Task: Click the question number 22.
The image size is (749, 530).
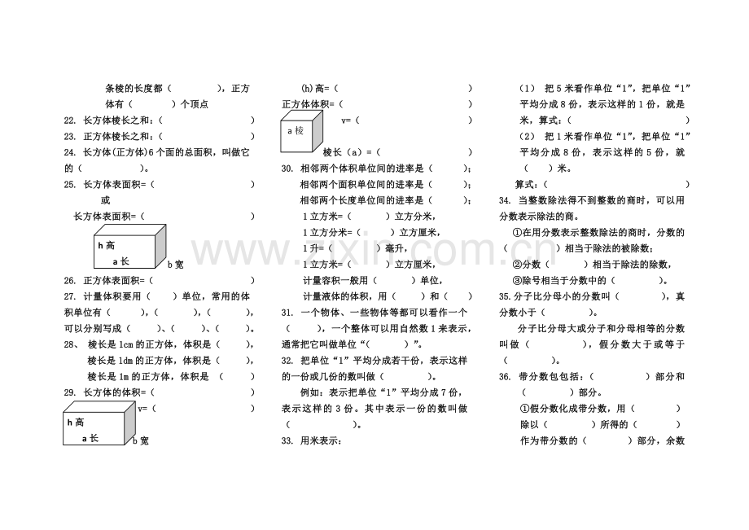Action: pos(70,120)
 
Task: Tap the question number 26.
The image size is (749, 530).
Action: pos(70,281)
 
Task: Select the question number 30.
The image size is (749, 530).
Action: pos(287,169)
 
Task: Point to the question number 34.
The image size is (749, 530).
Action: pos(505,200)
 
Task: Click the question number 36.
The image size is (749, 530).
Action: pos(505,377)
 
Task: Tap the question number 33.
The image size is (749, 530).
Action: pos(287,440)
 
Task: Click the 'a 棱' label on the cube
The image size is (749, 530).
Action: pos(296,131)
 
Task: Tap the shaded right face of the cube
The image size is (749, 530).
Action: pos(318,130)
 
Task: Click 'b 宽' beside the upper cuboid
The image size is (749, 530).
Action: pos(175,265)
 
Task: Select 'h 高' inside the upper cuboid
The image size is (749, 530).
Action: pos(106,245)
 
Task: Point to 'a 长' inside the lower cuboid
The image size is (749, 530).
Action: pos(90,438)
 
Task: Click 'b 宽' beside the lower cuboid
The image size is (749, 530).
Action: pos(140,441)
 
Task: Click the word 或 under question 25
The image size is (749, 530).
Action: pos(106,200)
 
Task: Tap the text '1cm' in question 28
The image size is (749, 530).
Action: pos(125,344)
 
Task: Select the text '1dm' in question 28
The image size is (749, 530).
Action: pos(125,361)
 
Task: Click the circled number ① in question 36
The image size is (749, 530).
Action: pos(525,409)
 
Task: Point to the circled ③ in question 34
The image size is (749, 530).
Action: pos(517,281)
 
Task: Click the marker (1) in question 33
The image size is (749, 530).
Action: pos(528,88)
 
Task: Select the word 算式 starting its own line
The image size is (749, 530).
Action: pos(524,184)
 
